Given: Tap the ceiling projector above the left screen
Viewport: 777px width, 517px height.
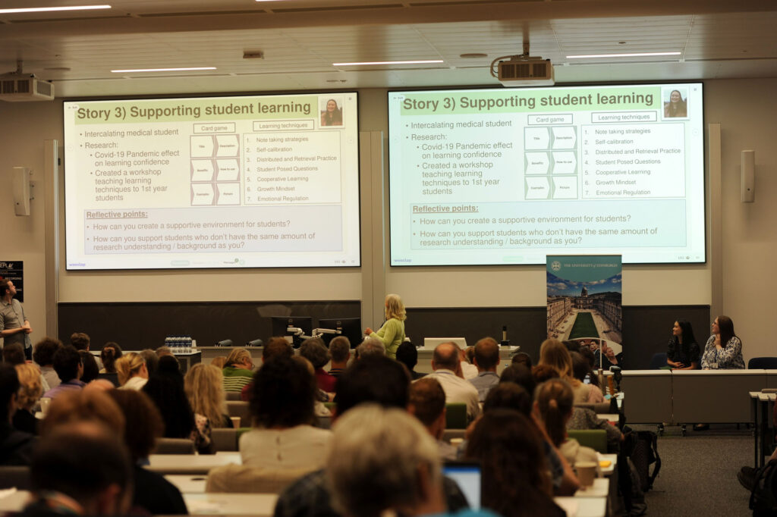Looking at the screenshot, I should pos(26,87).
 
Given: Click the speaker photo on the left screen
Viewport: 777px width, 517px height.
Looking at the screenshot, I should pos(331,112).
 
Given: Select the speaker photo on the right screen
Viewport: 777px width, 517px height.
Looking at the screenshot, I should pos(675,104).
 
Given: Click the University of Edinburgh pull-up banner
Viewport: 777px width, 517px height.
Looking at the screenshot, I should pos(584,303).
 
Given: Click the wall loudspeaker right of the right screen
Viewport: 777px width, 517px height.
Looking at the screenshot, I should pos(747,176).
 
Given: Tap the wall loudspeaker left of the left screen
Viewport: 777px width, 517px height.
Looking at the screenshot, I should pos(20,190).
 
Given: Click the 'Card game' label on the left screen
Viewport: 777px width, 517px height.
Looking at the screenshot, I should pos(213,128).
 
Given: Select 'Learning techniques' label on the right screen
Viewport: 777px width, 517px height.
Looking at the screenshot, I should pos(624,117).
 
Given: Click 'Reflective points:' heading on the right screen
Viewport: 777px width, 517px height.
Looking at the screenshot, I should pos(445,208).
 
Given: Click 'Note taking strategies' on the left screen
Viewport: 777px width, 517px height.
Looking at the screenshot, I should pos(282,139).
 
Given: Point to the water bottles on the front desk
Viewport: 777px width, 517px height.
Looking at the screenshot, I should pos(179,344).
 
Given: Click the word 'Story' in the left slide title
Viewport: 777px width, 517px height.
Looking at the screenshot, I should pos(93,114).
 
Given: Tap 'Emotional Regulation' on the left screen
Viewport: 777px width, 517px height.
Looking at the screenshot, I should pos(282,199).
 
